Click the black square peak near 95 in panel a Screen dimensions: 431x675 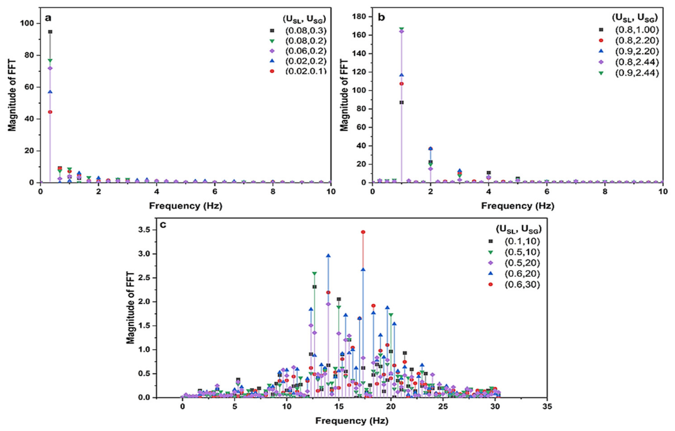(50, 32)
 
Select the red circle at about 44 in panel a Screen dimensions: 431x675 (50, 112)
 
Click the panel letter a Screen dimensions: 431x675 (48, 18)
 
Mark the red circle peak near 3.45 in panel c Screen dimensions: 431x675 (363, 232)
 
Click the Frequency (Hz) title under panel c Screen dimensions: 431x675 (352, 421)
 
